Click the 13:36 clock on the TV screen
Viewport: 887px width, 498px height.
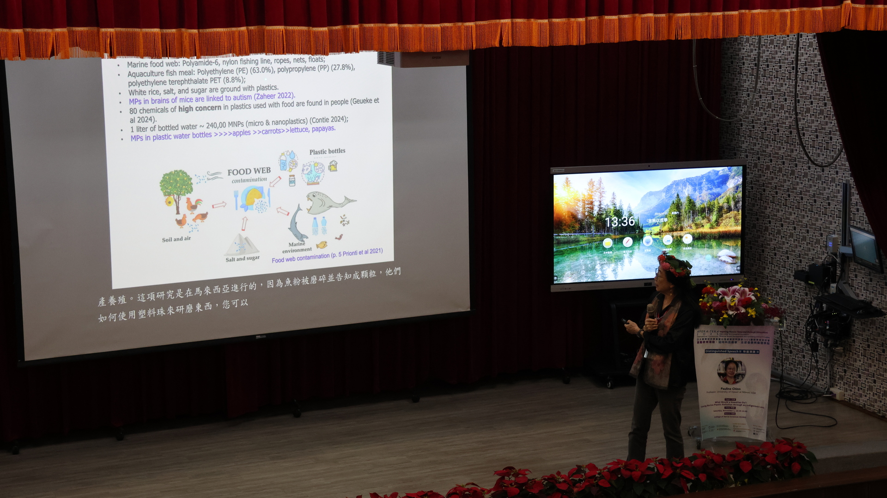point(620,222)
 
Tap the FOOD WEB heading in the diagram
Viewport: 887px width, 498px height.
point(249,172)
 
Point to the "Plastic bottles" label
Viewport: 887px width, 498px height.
point(327,151)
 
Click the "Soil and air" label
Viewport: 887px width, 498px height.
point(176,239)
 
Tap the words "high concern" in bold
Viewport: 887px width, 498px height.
point(200,109)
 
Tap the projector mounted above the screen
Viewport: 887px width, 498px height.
point(423,59)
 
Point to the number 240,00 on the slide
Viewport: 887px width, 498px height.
point(216,125)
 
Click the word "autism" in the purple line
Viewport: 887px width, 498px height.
point(242,98)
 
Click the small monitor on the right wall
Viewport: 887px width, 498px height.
point(865,248)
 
